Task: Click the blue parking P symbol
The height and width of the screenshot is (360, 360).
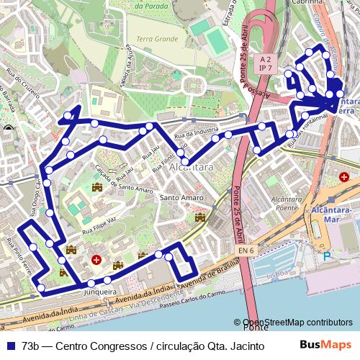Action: [328, 256]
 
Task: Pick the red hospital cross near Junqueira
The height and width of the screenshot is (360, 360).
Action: [96, 259]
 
